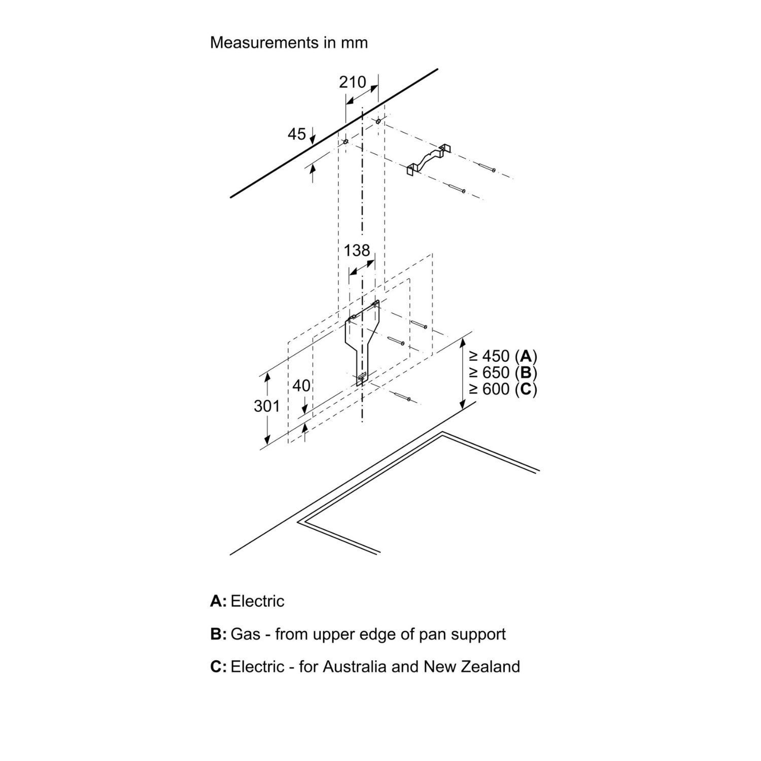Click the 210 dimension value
(353, 82)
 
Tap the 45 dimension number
(297, 134)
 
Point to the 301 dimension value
(267, 406)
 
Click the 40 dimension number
(301, 386)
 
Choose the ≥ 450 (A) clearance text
(502, 355)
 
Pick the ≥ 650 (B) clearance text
(502, 372)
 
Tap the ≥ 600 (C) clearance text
(502, 389)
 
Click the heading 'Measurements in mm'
(289, 43)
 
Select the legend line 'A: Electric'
(247, 601)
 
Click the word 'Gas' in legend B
(245, 634)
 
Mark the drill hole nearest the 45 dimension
(345, 143)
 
